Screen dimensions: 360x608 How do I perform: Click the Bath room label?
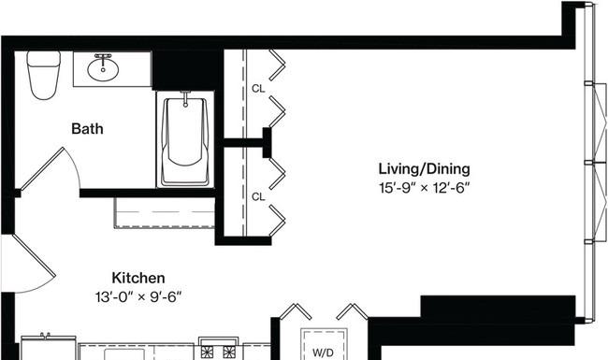coord(87,128)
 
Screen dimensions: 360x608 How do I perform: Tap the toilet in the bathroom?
coord(42,75)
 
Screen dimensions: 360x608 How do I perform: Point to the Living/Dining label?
coord(423,169)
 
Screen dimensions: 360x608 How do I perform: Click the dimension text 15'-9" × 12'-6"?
coord(423,187)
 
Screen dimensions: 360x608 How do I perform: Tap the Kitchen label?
coord(138,278)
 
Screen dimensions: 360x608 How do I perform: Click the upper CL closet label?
coord(257,90)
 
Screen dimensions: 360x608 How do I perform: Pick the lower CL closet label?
coord(257,196)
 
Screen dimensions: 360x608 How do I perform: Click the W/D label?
coord(323,353)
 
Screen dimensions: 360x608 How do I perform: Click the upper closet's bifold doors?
coord(278,89)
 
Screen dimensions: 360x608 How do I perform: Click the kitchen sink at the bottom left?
coord(45,348)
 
